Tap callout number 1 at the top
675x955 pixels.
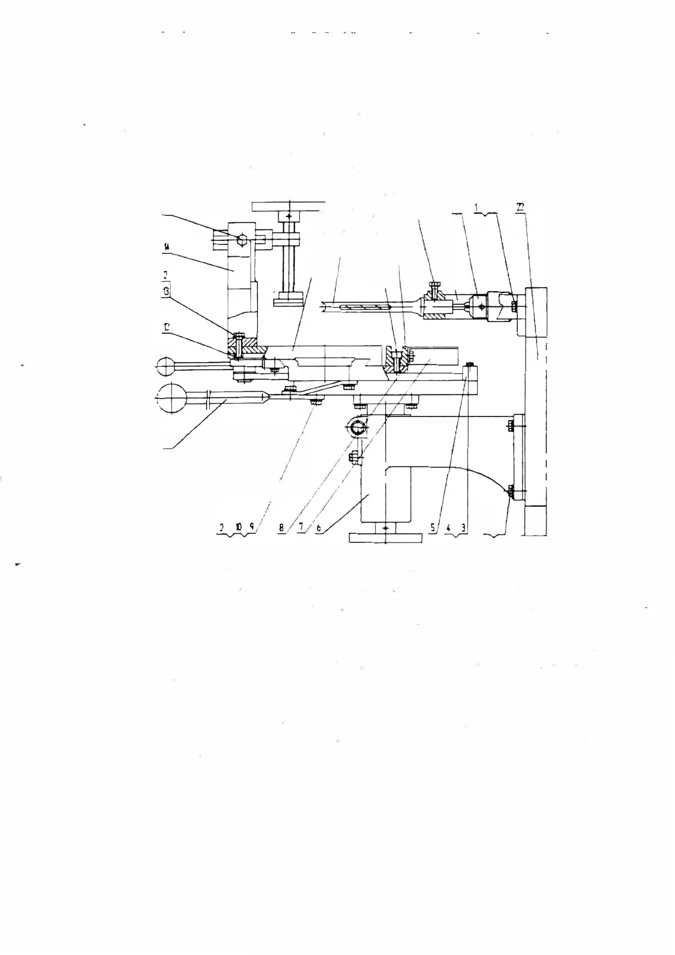(x=478, y=207)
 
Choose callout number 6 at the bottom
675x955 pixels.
(x=319, y=527)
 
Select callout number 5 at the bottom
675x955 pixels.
(x=432, y=527)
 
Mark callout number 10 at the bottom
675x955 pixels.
(x=239, y=527)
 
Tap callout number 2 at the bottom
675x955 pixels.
(x=222, y=527)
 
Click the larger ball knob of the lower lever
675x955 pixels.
(x=172, y=398)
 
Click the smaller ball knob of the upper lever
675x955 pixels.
(x=165, y=367)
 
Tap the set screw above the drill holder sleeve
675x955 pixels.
(x=435, y=287)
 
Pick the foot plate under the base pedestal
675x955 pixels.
(x=385, y=537)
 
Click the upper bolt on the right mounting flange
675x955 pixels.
(x=513, y=424)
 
